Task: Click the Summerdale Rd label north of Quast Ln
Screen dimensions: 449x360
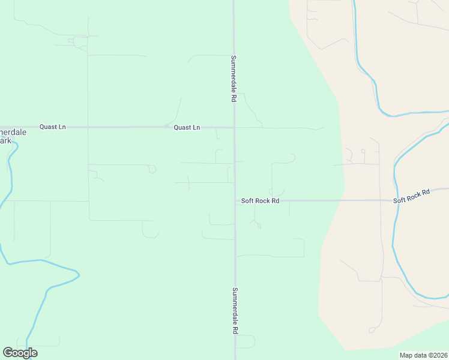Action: [x=234, y=79]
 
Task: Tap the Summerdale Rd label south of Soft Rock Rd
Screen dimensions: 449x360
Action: [x=235, y=310]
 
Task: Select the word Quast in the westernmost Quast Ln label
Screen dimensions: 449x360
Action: [x=49, y=127]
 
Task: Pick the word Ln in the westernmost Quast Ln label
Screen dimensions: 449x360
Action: [x=62, y=127]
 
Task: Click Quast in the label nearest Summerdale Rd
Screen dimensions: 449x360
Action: [x=183, y=127]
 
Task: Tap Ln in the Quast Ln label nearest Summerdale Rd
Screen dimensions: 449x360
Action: [x=196, y=127]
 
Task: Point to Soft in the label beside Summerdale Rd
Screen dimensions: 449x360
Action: [x=247, y=201]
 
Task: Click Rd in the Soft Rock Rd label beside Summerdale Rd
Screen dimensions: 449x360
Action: [x=276, y=201]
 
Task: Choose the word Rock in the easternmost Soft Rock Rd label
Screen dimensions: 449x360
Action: [x=413, y=195]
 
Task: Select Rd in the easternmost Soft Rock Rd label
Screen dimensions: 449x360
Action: [x=426, y=192]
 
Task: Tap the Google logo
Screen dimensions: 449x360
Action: [x=20, y=353]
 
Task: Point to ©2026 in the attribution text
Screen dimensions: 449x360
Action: [x=436, y=355]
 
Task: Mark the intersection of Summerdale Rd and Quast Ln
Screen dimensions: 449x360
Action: [x=234, y=127]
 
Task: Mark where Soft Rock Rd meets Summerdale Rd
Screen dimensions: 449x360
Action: [x=235, y=200]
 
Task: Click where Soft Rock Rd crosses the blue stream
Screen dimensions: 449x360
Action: [x=395, y=199]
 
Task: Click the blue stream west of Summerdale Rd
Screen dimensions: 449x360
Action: [x=42, y=300]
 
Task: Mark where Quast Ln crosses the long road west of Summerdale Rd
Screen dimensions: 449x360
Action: [x=88, y=127]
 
